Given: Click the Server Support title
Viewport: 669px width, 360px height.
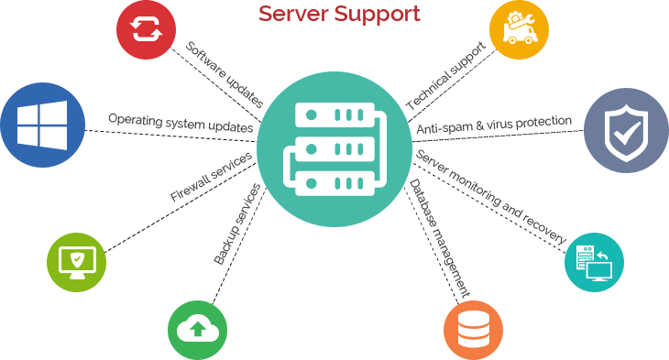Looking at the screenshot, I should (339, 14).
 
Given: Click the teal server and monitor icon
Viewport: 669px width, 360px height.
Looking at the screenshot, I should (594, 262).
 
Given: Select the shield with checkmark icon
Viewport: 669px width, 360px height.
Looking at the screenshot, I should (625, 130).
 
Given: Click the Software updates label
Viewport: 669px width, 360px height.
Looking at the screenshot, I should (225, 73).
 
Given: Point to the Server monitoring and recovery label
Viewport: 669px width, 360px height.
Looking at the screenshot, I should (492, 197).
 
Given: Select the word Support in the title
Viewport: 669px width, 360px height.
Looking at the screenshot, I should (381, 15).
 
